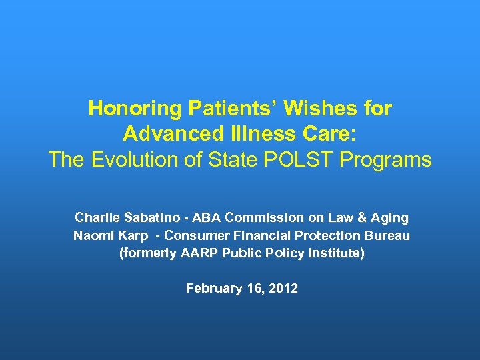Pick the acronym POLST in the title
point(313,160)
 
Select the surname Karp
point(133,235)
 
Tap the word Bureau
point(389,235)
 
